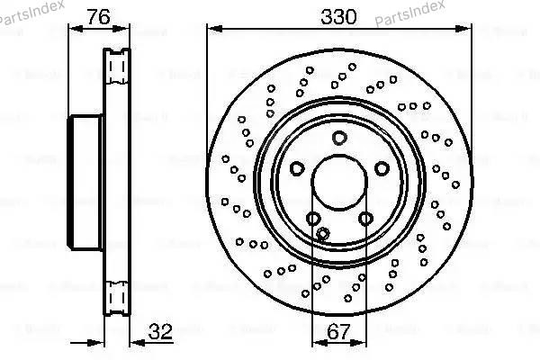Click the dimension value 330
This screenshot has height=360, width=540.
(x=338, y=15)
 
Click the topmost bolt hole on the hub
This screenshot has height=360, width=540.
(x=338, y=138)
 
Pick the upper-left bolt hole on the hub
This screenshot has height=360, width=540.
(x=296, y=168)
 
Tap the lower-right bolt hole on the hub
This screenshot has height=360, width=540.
(x=364, y=218)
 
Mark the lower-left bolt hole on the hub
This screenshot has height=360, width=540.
(x=312, y=218)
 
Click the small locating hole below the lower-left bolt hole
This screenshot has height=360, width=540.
(x=322, y=235)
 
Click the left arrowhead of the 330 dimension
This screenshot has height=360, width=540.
(x=212, y=29)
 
